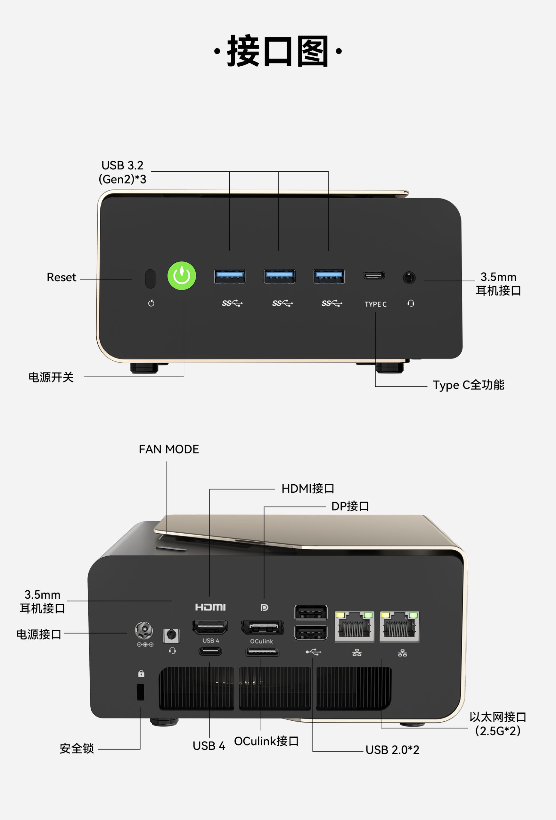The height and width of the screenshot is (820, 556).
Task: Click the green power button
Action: (x=182, y=275)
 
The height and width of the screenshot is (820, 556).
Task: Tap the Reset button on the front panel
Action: (x=150, y=279)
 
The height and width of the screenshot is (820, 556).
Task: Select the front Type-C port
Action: (x=374, y=275)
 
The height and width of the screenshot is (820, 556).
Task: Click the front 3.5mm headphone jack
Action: (x=409, y=277)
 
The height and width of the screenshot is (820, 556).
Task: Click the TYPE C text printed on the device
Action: (x=375, y=304)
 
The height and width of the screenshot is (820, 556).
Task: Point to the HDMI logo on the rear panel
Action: (x=210, y=607)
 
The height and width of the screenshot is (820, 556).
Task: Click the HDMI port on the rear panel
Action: (x=210, y=627)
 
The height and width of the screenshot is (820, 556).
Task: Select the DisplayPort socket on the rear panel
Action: (x=262, y=627)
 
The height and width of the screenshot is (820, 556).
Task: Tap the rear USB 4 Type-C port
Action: (x=210, y=651)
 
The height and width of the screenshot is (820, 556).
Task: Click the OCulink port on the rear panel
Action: (x=262, y=652)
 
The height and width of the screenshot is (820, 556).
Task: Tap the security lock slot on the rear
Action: (x=140, y=692)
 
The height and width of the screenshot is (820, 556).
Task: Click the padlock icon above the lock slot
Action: (x=141, y=673)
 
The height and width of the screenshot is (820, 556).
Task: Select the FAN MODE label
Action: (x=169, y=449)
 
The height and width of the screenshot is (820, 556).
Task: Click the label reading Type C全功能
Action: (x=469, y=385)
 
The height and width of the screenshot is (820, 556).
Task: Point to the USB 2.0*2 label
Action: (x=392, y=750)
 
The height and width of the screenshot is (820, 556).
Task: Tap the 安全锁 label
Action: (x=77, y=748)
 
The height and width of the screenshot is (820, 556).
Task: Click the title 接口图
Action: (x=278, y=51)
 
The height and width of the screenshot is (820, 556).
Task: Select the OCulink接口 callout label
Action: (x=266, y=741)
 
